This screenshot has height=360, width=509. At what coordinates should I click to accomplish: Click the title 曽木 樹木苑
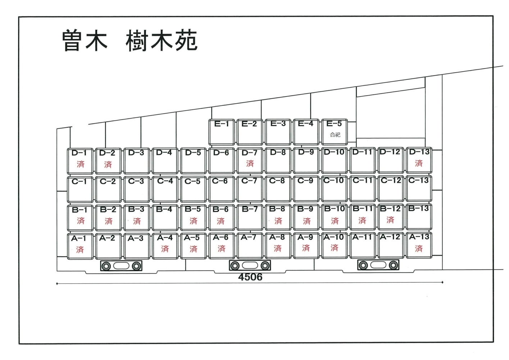129,41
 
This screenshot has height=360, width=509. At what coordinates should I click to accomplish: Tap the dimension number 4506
250,277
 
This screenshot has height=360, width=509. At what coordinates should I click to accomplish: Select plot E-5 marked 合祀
334,132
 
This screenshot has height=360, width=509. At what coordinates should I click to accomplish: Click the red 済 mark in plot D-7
250,163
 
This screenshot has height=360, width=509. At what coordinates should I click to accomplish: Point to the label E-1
221,124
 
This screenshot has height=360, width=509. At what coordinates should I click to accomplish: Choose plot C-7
250,189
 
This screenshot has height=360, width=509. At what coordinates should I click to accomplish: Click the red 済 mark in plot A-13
419,248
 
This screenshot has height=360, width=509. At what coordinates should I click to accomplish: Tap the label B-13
418,208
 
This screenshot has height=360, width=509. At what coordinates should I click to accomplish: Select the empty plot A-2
108,246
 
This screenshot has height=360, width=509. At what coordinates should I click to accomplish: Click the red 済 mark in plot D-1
81,164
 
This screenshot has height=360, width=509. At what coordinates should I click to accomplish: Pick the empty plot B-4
165,218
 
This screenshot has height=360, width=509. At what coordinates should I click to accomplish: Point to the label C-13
418,180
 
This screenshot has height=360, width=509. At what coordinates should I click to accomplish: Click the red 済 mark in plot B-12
390,220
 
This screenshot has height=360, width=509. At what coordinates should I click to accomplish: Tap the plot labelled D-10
334,160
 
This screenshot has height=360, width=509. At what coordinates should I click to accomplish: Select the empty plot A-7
250,246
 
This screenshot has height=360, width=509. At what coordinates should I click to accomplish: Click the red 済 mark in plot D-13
419,163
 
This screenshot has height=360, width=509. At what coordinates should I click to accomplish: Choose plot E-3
278,132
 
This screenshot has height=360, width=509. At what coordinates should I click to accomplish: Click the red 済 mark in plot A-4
165,249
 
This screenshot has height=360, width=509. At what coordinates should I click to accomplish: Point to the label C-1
79,181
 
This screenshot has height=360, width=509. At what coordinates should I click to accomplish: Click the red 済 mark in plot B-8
278,221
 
